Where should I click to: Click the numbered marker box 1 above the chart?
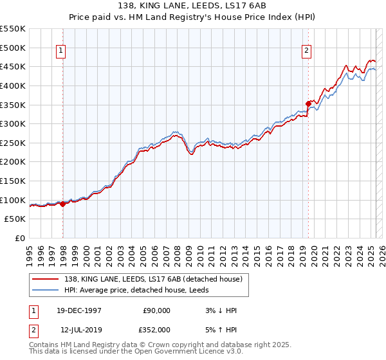pyautogui.click(x=60, y=52)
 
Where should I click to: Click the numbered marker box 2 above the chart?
pyautogui.click(x=307, y=52)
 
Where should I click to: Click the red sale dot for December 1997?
pyautogui.click(x=62, y=204)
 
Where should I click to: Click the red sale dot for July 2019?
pyautogui.click(x=308, y=104)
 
